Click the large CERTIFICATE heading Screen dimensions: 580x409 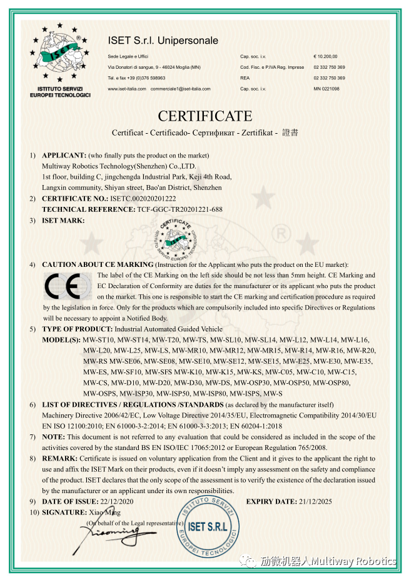click(204, 116)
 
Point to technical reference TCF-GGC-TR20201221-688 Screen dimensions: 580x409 click(179, 209)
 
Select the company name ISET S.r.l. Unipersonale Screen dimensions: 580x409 click(163, 41)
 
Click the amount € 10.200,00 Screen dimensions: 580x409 click(325, 56)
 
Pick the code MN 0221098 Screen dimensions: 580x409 click(326, 89)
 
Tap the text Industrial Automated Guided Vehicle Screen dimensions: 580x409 click(168, 328)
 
